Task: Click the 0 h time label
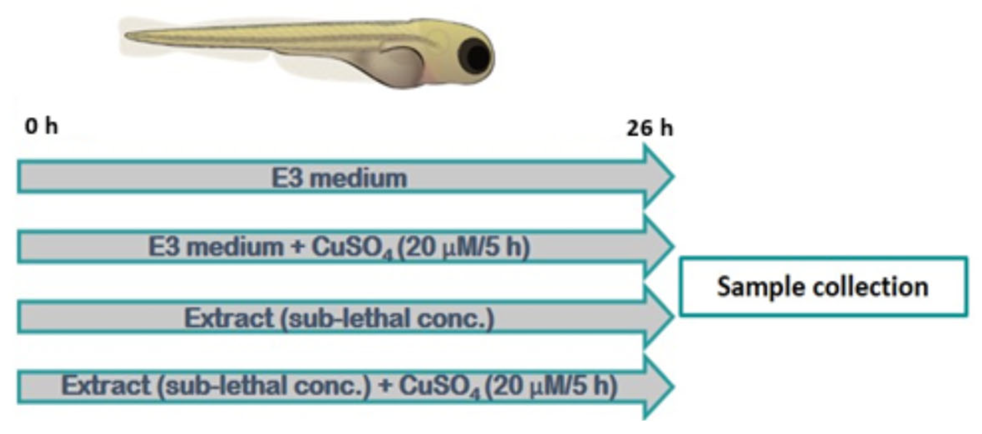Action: tap(41, 126)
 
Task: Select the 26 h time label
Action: tap(650, 128)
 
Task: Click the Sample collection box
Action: tap(823, 287)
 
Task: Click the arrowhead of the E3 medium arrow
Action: tap(659, 177)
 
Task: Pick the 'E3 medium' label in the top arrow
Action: tap(339, 178)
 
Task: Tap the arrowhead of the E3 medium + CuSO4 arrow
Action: tap(659, 246)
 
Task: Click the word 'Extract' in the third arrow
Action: tap(229, 318)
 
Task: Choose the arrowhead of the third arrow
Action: tap(659, 316)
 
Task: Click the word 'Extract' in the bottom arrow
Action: tap(106, 386)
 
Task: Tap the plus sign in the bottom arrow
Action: tap(385, 386)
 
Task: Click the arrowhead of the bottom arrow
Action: tap(659, 386)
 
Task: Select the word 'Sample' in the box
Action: tap(760, 287)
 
